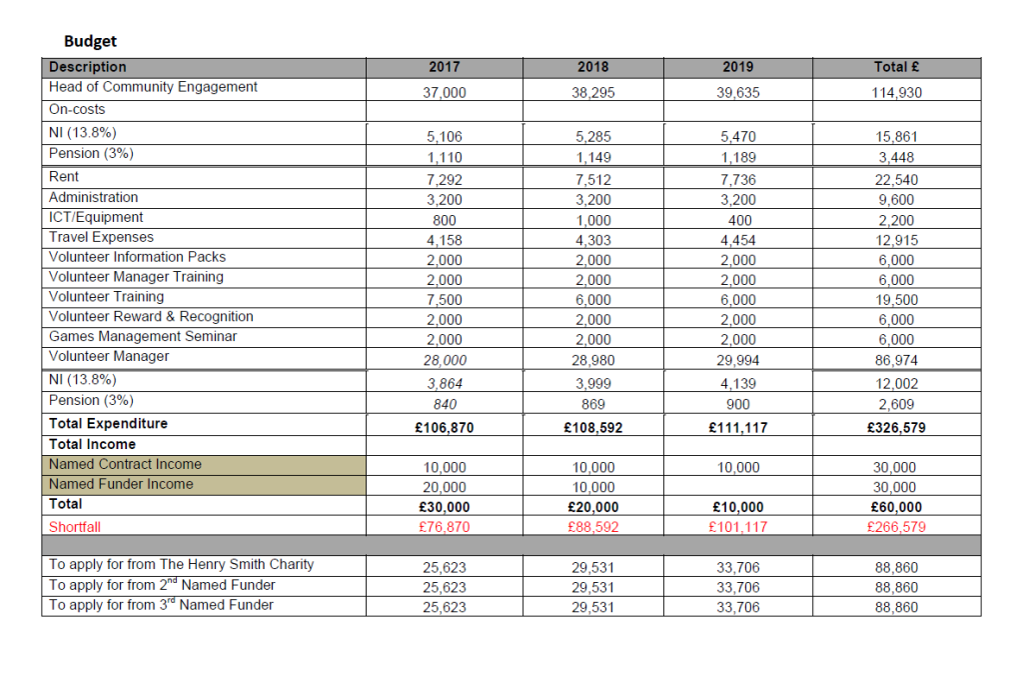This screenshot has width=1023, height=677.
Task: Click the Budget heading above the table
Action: [90, 41]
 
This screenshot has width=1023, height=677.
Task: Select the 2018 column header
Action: [593, 67]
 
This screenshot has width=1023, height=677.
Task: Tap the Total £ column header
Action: [896, 67]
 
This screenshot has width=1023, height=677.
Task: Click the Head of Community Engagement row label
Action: [153, 87]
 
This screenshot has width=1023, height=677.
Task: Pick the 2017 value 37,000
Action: [445, 92]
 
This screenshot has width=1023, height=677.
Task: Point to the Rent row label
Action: [64, 177]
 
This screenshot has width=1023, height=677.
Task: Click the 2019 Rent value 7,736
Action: [738, 180]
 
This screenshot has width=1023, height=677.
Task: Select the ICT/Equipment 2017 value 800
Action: [445, 220]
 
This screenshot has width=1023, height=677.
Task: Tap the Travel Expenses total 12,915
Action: [896, 240]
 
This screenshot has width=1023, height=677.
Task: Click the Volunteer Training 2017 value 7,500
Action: [445, 300]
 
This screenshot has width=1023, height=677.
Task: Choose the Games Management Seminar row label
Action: [143, 337]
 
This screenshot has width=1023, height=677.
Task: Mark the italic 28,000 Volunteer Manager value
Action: [445, 360]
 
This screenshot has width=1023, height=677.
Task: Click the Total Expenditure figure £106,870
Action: [445, 427]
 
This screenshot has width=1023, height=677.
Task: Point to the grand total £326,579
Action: [896, 427]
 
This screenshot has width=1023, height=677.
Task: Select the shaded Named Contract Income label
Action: [125, 464]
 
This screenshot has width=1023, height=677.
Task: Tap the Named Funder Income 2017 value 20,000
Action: [445, 487]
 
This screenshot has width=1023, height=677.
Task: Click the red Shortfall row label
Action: [75, 526]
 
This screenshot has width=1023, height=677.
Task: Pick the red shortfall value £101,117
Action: [738, 527]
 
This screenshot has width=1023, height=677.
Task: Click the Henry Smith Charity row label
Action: [181, 565]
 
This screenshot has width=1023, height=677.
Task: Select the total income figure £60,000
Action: [896, 507]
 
